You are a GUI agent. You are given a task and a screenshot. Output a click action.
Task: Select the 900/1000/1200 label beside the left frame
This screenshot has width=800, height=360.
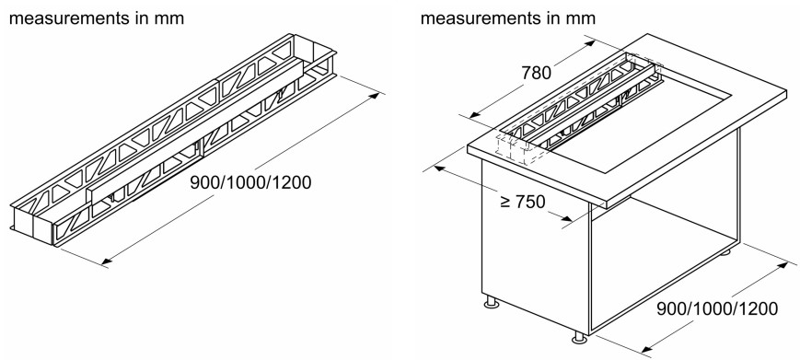pos(250,182)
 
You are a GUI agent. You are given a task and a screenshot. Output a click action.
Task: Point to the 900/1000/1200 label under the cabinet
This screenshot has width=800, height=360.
pos(717,309)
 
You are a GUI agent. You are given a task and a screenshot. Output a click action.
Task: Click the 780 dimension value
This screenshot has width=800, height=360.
pos(536,74)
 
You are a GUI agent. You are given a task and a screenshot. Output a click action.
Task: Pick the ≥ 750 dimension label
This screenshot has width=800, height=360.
pos(523,202)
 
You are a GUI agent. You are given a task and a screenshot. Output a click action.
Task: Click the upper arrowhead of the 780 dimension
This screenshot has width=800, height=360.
pos(588,43)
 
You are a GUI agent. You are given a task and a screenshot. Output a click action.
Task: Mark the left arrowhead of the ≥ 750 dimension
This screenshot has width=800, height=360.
pos(440,168)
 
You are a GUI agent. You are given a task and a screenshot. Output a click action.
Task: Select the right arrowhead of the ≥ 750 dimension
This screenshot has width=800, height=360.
pos(565,219)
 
